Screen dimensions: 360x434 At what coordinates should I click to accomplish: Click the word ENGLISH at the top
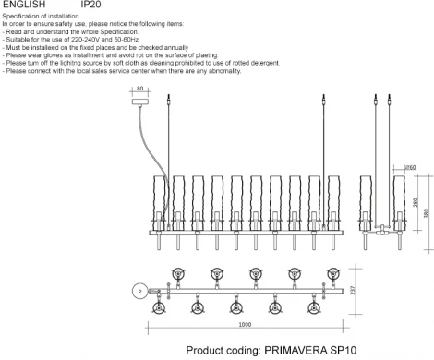pyautogui.click(x=23, y=5)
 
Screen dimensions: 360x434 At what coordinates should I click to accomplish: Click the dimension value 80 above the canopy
pyautogui.click(x=139, y=90)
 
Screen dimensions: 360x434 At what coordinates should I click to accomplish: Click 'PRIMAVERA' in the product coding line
pyautogui.click(x=296, y=351)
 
